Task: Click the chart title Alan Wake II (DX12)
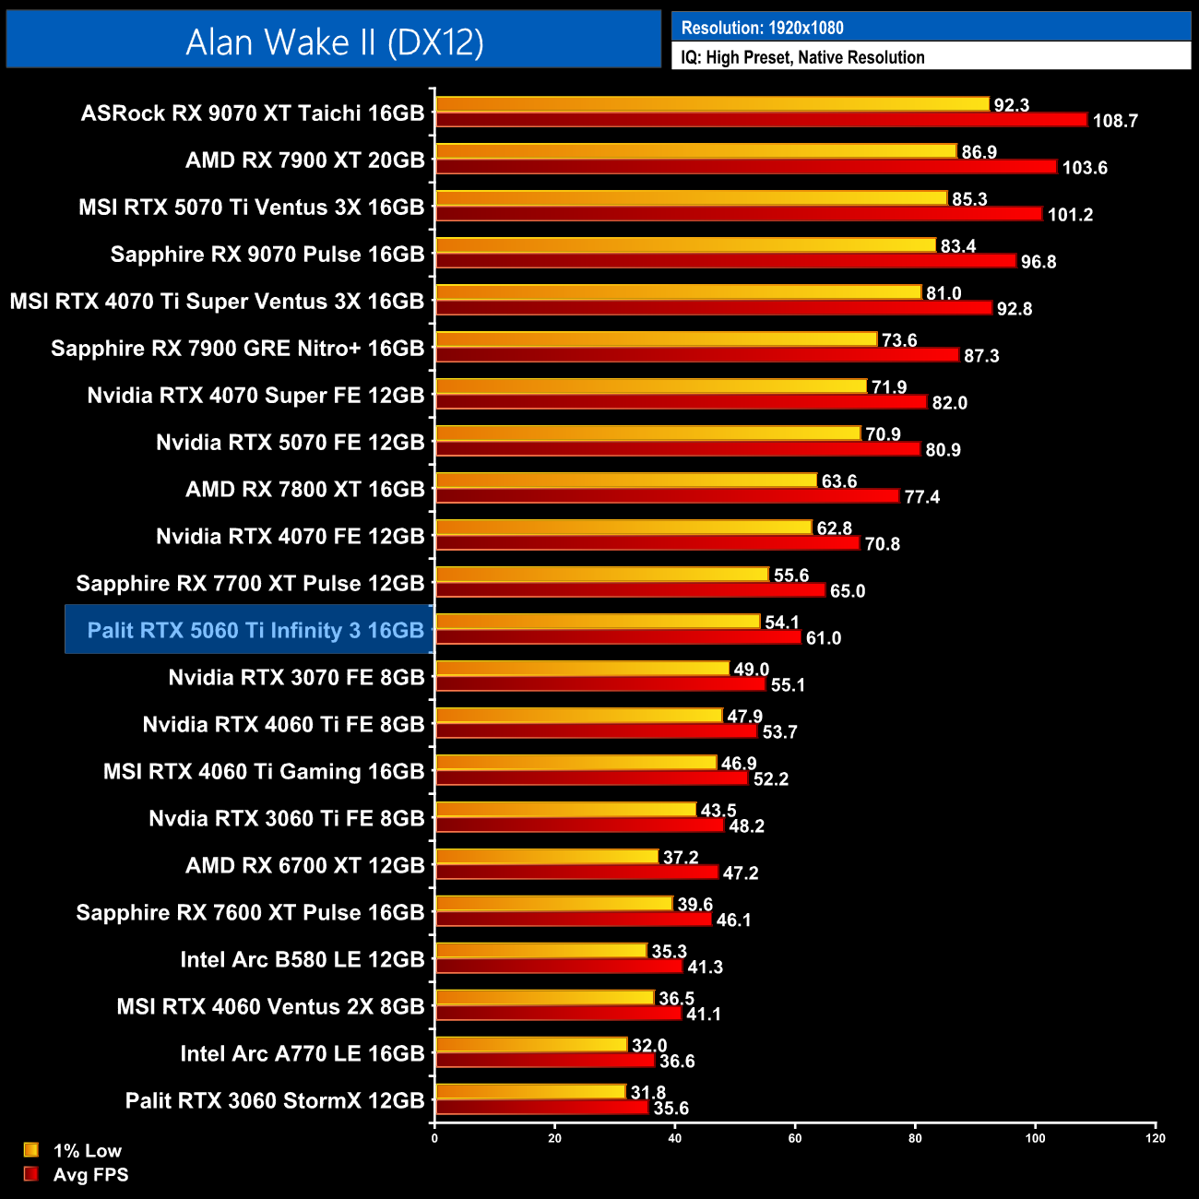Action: coord(334,42)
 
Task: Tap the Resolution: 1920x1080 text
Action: coord(762,28)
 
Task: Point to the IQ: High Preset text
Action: coord(802,57)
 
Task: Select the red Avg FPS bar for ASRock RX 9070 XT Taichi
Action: coord(761,120)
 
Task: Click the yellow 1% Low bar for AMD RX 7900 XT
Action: coord(695,151)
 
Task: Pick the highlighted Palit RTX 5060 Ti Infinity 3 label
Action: coord(255,630)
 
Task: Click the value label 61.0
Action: coord(823,638)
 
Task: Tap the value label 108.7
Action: coord(1114,121)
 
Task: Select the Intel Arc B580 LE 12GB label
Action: coord(302,959)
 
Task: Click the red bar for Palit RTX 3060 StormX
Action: coord(541,1108)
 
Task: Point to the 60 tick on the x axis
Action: coord(795,1138)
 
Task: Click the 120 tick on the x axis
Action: coord(1155,1138)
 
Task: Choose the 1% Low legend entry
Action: coord(87,1150)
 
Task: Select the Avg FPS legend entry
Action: coord(90,1174)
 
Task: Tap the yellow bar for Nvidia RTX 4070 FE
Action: coord(623,528)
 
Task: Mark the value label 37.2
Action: coord(681,858)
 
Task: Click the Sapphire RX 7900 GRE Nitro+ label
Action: coord(237,348)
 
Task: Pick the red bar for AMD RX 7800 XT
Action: coord(667,496)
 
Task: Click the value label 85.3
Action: coord(969,199)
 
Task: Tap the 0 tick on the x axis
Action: coord(434,1138)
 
